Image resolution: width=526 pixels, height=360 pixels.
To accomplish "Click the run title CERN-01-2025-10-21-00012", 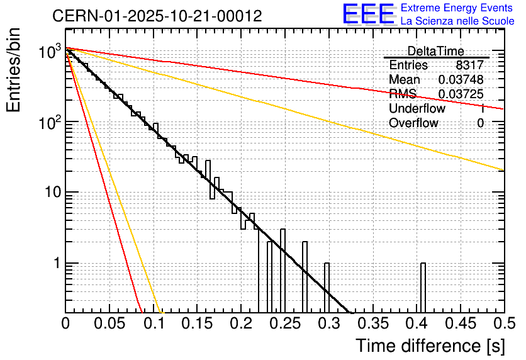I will pyautogui.click(x=157, y=15).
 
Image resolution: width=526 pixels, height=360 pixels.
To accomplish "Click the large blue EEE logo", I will pyautogui.click(x=368, y=15).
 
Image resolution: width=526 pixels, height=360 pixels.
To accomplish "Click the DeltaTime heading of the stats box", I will pyautogui.click(x=435, y=51).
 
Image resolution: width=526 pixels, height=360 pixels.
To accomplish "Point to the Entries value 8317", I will pyautogui.click(x=470, y=65).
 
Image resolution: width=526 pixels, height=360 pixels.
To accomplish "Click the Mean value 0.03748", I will pyautogui.click(x=461, y=80).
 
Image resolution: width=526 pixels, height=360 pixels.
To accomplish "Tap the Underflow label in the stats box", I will pyautogui.click(x=417, y=109).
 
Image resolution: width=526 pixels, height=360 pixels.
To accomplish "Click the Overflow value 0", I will pyautogui.click(x=480, y=123).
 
